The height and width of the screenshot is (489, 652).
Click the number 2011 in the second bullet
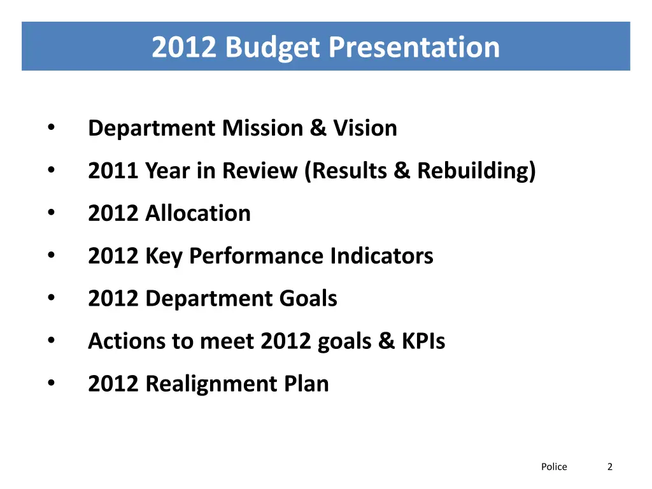[x=113, y=171]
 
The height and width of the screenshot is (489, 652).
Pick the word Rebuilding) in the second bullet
[x=476, y=171]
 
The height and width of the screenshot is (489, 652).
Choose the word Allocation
[x=198, y=213]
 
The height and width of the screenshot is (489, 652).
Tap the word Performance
[x=257, y=256]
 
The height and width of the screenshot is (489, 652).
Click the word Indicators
[x=381, y=256]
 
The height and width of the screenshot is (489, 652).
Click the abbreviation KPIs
[x=423, y=341]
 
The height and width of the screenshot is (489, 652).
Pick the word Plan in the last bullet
[x=307, y=384]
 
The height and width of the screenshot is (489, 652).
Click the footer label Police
[x=554, y=467]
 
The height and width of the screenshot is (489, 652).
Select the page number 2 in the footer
[x=610, y=467]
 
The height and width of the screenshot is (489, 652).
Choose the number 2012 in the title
[x=185, y=48]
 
